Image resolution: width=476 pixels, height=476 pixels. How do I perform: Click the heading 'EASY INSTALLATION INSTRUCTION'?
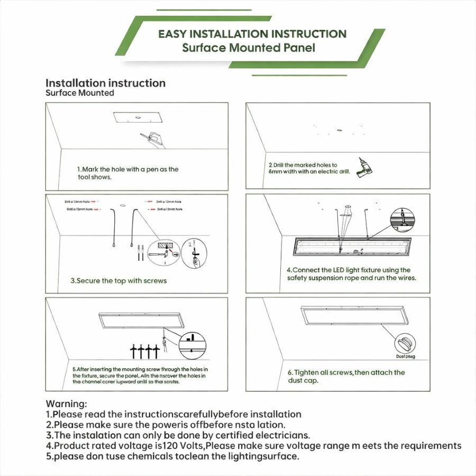(252, 34)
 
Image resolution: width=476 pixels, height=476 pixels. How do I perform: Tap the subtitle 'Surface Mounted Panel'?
(249, 48)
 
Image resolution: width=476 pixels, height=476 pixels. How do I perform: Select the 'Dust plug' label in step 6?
(405, 356)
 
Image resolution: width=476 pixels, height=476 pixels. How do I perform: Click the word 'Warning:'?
(66, 404)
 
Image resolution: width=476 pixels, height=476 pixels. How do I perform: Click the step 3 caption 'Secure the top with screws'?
(118, 281)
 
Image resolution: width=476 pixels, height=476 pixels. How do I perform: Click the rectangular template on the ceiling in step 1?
(136, 117)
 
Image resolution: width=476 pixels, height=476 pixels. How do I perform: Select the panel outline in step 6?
(353, 315)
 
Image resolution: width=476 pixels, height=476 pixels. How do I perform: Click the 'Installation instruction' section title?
(105, 83)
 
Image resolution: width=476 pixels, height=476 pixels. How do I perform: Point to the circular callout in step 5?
(192, 345)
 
